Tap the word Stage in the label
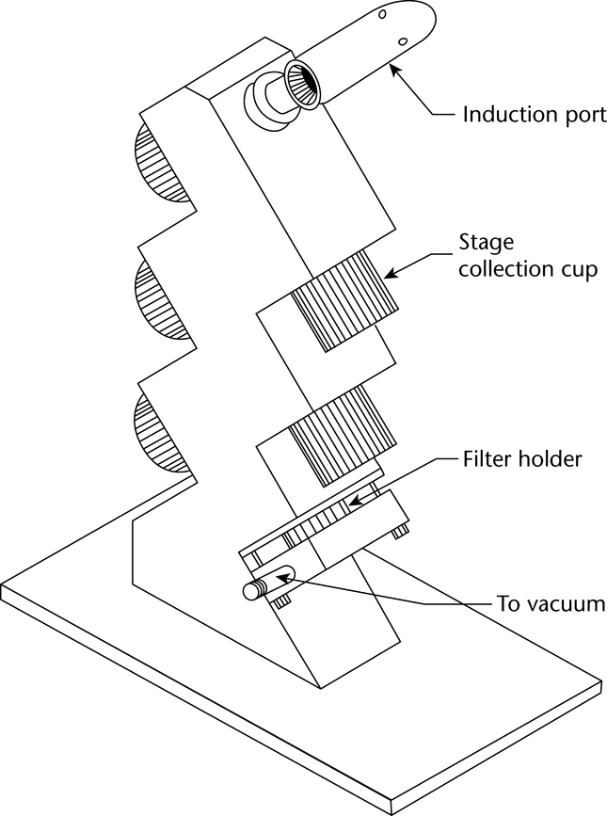coord(483,242)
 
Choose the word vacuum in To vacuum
coord(561,602)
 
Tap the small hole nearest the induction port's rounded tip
coord(383,16)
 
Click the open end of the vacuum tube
coord(252,590)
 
